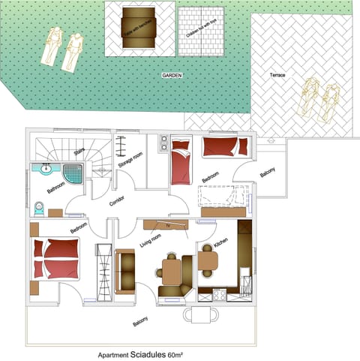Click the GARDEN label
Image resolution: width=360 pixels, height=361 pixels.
click(x=172, y=76)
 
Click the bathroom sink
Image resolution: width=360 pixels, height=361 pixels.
click(x=44, y=169)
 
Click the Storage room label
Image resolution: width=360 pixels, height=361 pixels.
click(x=130, y=164)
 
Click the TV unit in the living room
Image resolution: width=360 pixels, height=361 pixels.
click(x=169, y=225)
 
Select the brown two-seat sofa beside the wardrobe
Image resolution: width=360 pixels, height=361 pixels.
click(x=125, y=269)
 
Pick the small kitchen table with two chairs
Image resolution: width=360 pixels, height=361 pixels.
click(x=208, y=260)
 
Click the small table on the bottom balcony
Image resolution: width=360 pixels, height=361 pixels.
click(x=198, y=315)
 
